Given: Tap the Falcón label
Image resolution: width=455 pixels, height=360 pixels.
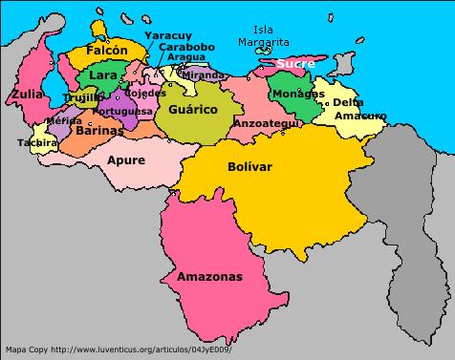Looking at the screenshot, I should pyautogui.click(x=106, y=49).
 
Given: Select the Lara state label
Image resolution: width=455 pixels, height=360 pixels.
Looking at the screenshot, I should pyautogui.click(x=102, y=74).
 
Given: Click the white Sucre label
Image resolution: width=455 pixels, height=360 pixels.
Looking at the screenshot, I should pyautogui.click(x=295, y=64).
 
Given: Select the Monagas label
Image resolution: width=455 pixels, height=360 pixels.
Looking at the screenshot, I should pyautogui.click(x=297, y=94).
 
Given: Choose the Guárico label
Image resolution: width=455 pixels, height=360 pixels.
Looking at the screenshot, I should pyautogui.click(x=193, y=110).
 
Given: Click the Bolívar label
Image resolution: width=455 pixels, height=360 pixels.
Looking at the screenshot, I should pyautogui.click(x=250, y=166).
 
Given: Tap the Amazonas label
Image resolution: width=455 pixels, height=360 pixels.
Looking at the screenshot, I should pyautogui.click(x=209, y=276).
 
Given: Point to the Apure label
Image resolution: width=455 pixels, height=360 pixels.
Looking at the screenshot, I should pyautogui.click(x=125, y=160).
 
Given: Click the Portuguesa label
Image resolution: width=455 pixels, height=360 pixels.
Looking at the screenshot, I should pyautogui.click(x=124, y=111).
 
